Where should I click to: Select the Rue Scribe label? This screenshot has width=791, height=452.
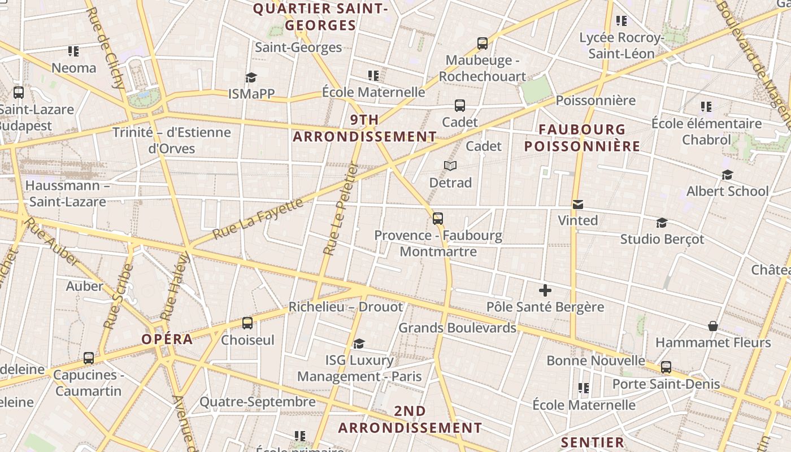(x=118, y=296)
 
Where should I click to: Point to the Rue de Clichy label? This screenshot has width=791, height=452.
(x=107, y=47)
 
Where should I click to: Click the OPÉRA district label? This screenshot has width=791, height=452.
(x=167, y=339)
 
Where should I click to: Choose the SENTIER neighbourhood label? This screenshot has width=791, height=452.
(x=592, y=442)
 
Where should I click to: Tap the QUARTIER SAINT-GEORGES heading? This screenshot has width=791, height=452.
(x=320, y=17)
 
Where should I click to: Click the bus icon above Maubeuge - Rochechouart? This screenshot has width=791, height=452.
(x=482, y=44)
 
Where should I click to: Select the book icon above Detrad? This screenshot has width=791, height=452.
(x=450, y=166)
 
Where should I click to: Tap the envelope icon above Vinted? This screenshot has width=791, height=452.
(x=577, y=204)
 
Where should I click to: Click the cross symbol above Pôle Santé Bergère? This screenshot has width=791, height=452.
(x=545, y=291)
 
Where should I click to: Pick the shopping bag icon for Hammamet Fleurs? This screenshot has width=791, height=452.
(x=713, y=326)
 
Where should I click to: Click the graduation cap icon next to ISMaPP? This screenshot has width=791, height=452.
(x=251, y=77)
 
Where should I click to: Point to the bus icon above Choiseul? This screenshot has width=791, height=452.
(x=247, y=323)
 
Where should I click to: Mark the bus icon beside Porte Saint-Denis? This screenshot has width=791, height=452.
(x=666, y=367)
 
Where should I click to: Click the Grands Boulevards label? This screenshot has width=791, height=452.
(x=458, y=328)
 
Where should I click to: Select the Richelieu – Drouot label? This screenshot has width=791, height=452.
(x=346, y=307)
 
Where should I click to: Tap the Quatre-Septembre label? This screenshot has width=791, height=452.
(x=258, y=402)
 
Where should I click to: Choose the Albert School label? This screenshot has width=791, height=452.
(x=727, y=191)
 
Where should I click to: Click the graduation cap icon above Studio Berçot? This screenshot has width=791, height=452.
(x=662, y=223)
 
